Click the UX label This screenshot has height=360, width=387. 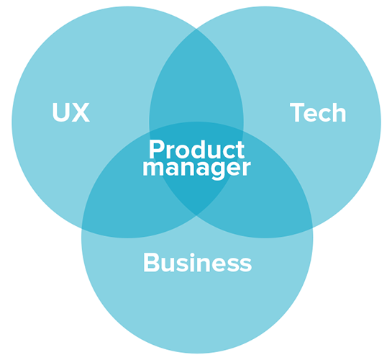[x=70, y=112]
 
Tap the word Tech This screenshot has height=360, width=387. [x=318, y=112]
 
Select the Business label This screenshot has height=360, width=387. [x=197, y=262]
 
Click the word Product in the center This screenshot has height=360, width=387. [x=196, y=149]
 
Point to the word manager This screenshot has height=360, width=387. [x=196, y=168]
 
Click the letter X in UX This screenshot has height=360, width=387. [x=81, y=112]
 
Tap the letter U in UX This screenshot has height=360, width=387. [x=60, y=112]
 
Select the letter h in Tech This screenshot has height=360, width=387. [x=339, y=112]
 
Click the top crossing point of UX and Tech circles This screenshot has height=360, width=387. [x=196, y=29]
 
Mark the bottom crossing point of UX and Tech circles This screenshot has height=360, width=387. [x=196, y=215]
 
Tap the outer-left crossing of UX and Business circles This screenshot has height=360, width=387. [x=82, y=228]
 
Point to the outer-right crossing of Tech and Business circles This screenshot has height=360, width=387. [x=312, y=228]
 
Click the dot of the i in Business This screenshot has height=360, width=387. [x=193, y=254]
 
